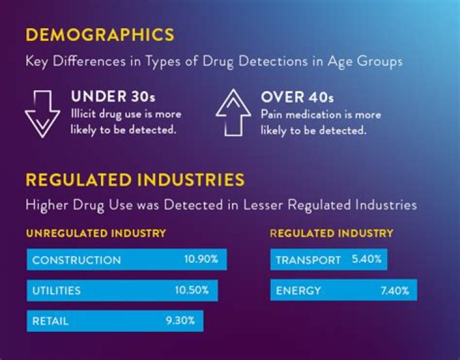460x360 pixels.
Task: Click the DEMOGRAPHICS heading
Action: point(100,34)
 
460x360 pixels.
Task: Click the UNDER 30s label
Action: point(113,98)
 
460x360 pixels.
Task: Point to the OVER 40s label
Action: point(297,98)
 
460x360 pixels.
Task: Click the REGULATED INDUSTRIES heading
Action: point(135,179)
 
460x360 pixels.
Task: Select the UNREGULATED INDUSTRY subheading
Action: point(96,233)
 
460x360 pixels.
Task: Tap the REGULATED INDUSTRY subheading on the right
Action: point(332,233)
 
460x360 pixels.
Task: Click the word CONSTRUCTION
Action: point(76,260)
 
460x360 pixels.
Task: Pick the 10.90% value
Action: point(201,259)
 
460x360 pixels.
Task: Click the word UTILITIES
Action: point(56,290)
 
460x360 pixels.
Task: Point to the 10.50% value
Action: point(192,290)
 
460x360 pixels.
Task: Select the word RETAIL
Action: point(50,321)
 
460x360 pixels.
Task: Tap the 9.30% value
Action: point(180,320)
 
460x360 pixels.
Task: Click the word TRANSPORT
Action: point(308,260)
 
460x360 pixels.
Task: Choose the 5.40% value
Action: point(367,259)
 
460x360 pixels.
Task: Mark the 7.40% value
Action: point(394,290)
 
